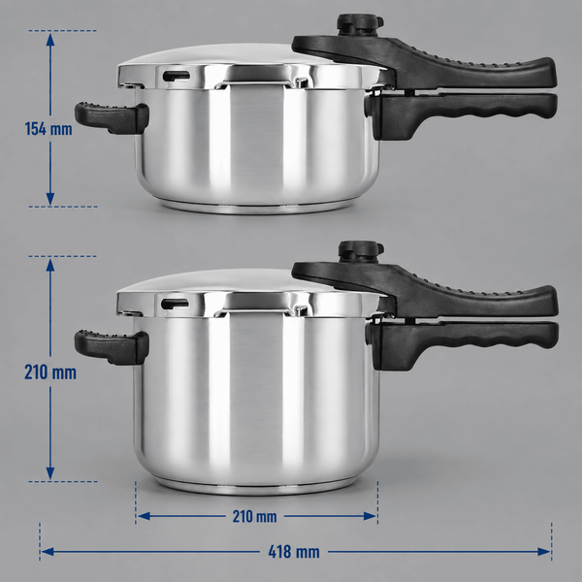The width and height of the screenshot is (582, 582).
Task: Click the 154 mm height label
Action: click(x=48, y=129)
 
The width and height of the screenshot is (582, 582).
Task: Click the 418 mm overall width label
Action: click(x=294, y=552)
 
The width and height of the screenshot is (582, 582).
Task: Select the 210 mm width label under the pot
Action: click(x=254, y=516)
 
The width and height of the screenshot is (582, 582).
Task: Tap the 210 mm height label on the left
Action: click(x=50, y=372)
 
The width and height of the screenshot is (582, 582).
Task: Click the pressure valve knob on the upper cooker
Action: click(x=360, y=25)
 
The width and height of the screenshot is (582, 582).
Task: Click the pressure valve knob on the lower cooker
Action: click(x=361, y=251)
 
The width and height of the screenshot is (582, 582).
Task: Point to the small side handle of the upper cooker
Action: click(x=113, y=117)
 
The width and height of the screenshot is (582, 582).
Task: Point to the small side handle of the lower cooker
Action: click(x=113, y=347)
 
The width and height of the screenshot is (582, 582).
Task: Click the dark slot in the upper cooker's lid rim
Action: click(x=177, y=76)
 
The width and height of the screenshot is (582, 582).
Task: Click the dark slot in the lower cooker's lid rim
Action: click(x=175, y=304)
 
